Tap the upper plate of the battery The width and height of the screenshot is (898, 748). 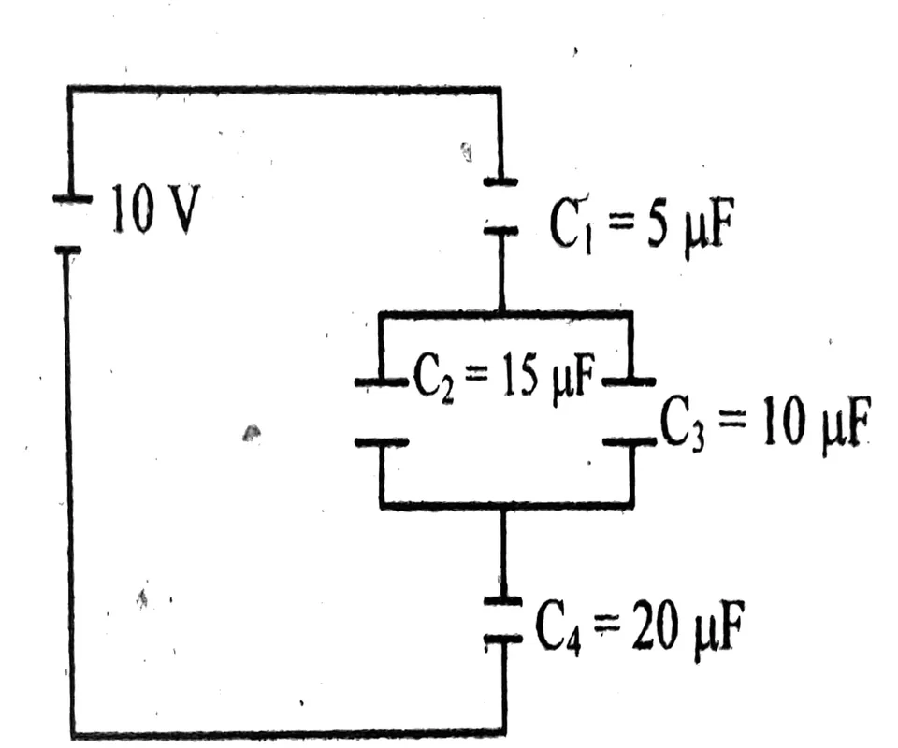point(72,198)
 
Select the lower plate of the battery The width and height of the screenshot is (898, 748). point(68,250)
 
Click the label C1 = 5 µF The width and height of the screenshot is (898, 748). point(642,225)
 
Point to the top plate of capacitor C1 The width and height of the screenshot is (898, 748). point(500,182)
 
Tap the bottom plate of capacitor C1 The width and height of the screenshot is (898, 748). point(500,231)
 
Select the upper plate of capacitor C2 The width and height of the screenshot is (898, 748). point(381,381)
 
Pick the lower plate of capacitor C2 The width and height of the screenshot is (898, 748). point(381,442)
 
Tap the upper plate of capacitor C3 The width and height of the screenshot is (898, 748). point(630,380)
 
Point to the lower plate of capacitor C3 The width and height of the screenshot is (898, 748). point(630,441)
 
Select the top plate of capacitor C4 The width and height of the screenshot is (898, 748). point(503,600)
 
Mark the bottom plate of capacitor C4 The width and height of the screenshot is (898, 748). point(503,637)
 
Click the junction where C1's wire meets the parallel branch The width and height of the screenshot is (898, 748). point(501,312)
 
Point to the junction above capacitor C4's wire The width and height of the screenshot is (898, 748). point(503,506)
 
